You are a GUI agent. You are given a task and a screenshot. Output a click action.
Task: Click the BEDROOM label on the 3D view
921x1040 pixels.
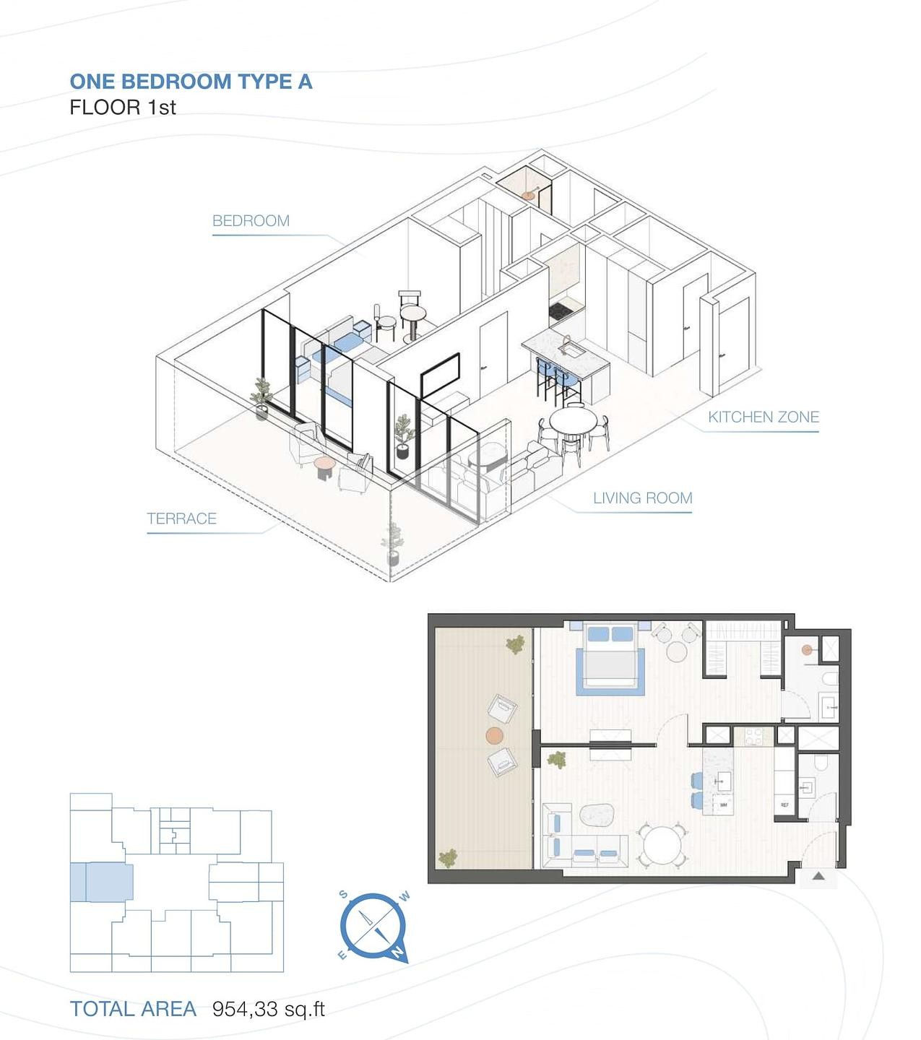pyautogui.click(x=251, y=221)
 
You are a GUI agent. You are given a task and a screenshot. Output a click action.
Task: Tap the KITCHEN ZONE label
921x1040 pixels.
pyautogui.click(x=763, y=417)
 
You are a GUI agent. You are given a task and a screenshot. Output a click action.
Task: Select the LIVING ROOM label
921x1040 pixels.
pyautogui.click(x=642, y=498)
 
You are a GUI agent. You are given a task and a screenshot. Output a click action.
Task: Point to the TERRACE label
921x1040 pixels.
pyautogui.click(x=181, y=519)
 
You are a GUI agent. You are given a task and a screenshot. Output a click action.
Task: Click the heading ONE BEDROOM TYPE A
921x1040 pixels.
pyautogui.click(x=191, y=82)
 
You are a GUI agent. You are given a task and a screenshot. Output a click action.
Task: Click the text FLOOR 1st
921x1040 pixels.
pyautogui.click(x=123, y=108)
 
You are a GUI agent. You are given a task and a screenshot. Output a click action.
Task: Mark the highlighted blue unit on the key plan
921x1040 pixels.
pyautogui.click(x=101, y=881)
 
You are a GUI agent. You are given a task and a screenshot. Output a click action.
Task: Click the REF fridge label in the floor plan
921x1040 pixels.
pyautogui.click(x=784, y=805)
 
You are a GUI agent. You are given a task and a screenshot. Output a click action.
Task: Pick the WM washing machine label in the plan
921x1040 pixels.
pyautogui.click(x=723, y=804)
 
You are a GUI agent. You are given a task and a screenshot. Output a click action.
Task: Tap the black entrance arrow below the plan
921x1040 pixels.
pyautogui.click(x=818, y=877)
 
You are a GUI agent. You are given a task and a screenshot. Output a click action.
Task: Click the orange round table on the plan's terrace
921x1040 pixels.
pyautogui.click(x=494, y=736)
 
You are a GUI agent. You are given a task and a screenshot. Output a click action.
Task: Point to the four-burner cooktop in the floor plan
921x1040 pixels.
pyautogui.click(x=754, y=737)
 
